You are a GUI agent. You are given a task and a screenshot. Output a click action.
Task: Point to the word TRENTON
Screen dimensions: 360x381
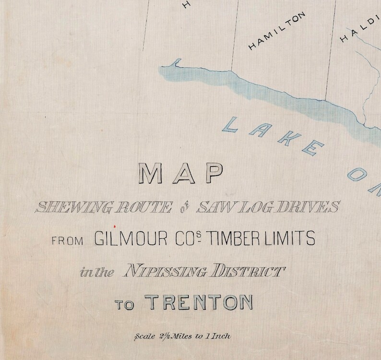[198, 303]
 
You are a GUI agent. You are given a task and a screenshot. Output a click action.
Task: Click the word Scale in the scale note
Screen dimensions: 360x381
[147, 336]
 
